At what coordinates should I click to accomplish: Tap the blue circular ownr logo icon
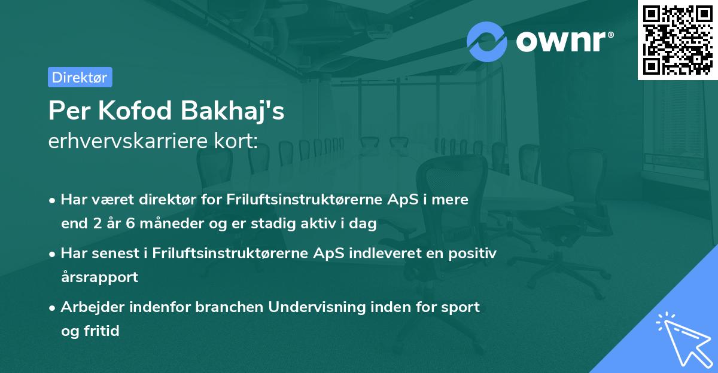coord(487,41)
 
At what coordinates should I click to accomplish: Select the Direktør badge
coord(80,77)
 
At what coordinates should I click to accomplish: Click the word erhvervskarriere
coord(125,142)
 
